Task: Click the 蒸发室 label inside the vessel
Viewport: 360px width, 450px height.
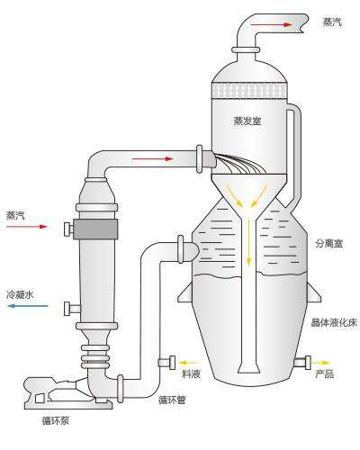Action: point(247,121)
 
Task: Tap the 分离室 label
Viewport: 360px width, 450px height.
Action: point(329,243)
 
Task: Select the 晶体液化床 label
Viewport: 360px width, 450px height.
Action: point(334,322)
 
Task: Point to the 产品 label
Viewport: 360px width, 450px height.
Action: point(324,373)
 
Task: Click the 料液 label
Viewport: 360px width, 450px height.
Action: point(191,373)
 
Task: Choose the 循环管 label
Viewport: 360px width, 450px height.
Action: point(172,400)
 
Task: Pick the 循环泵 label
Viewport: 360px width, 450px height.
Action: point(56,420)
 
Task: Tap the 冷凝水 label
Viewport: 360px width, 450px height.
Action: point(20,294)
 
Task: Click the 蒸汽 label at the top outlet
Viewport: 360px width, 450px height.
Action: point(332,22)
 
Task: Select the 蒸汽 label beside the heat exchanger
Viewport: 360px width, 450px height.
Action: point(16,215)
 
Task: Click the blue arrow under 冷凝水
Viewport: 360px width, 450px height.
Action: point(28,306)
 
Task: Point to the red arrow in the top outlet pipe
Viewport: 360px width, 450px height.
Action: point(271,24)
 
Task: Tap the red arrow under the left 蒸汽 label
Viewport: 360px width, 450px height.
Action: point(27,227)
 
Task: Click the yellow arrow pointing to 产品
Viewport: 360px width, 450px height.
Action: point(320,363)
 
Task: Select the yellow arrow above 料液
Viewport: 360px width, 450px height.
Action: point(189,363)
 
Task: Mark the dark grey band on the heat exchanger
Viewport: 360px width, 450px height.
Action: point(94,229)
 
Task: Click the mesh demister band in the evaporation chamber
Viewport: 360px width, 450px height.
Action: point(248,90)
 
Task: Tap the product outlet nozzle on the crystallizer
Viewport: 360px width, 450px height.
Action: point(302,363)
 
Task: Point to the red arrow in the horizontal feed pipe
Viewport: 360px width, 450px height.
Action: point(153,158)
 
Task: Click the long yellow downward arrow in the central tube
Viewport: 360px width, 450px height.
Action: point(248,242)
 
